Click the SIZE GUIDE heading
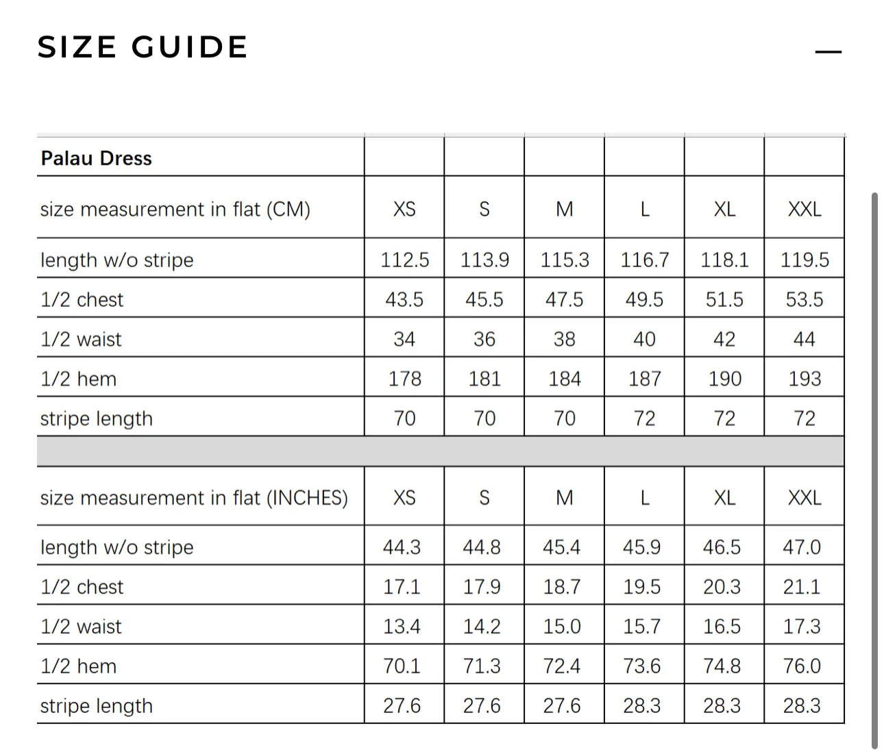143,47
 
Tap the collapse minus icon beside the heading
828,52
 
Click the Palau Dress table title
97,158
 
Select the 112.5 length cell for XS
404,260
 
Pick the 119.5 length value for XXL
805,260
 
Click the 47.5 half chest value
564,300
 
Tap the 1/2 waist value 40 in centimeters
644,340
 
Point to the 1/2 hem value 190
724,379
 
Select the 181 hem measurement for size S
484,379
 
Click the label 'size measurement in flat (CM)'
175,209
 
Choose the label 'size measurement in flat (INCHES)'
194,498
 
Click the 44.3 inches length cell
402,547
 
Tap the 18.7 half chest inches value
562,587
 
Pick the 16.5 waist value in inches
722,627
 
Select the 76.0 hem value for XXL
802,666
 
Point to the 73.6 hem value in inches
642,666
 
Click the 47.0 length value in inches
802,547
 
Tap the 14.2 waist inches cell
482,627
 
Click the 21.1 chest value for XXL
802,587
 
